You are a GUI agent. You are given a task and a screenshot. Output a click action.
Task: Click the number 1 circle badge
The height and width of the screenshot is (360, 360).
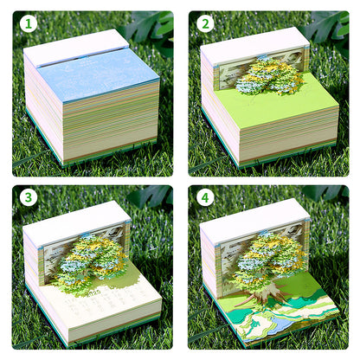29,23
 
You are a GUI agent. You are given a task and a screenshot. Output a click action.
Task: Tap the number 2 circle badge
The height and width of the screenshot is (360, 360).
205,23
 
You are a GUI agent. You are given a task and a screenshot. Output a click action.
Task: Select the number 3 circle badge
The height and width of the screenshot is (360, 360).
29,197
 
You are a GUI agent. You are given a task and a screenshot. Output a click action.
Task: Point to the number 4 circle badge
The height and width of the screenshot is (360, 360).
205,197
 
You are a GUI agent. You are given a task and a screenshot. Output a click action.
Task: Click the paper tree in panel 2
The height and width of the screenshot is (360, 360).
268,76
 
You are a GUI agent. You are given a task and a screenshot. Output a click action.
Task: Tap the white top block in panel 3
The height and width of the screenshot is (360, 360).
74,216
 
